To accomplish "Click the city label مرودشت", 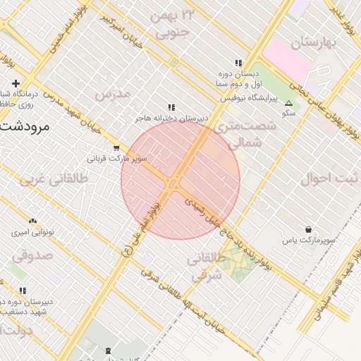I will click(23, 127).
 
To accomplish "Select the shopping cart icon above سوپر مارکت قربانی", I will click(116, 148).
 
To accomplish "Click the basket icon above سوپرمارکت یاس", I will click(309, 230).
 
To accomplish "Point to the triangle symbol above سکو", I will click(288, 103).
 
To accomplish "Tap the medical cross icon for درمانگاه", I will click(15, 84).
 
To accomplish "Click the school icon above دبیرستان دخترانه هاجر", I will click(171, 107).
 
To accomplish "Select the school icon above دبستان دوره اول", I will click(238, 62).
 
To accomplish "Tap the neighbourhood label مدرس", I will click(112, 94).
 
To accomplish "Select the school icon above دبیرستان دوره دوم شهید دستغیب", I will click(23, 290).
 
